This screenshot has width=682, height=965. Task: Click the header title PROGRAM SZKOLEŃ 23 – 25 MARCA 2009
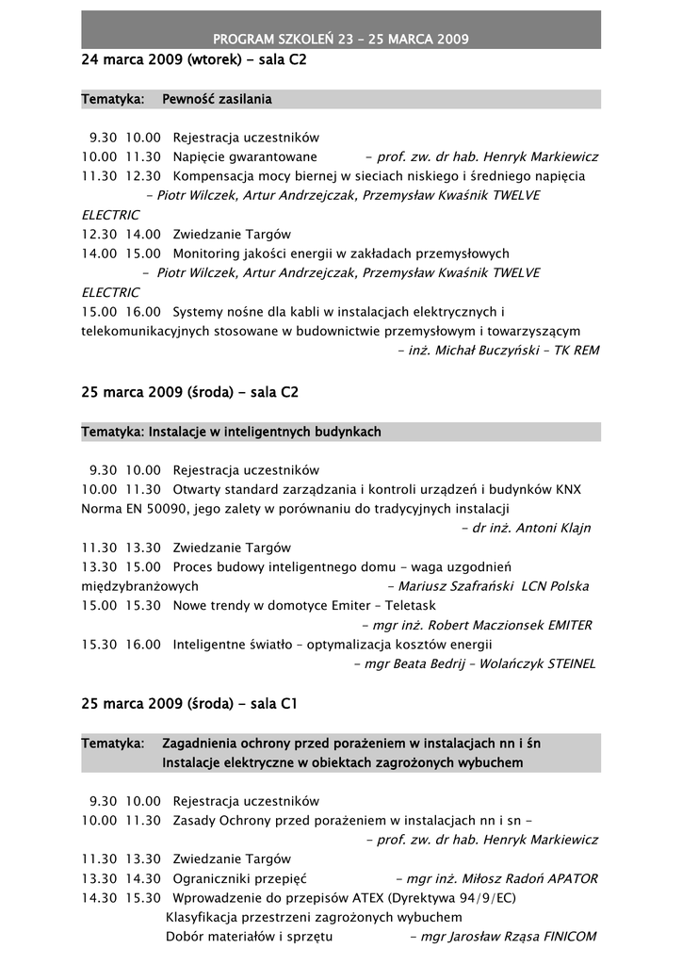click(x=341, y=39)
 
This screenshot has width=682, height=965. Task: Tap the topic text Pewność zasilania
click(x=217, y=98)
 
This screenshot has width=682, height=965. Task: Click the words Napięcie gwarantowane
click(x=245, y=156)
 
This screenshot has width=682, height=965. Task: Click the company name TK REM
click(x=576, y=350)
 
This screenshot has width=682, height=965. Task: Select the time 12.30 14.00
click(x=121, y=234)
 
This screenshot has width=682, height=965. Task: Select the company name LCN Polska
click(x=555, y=586)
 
